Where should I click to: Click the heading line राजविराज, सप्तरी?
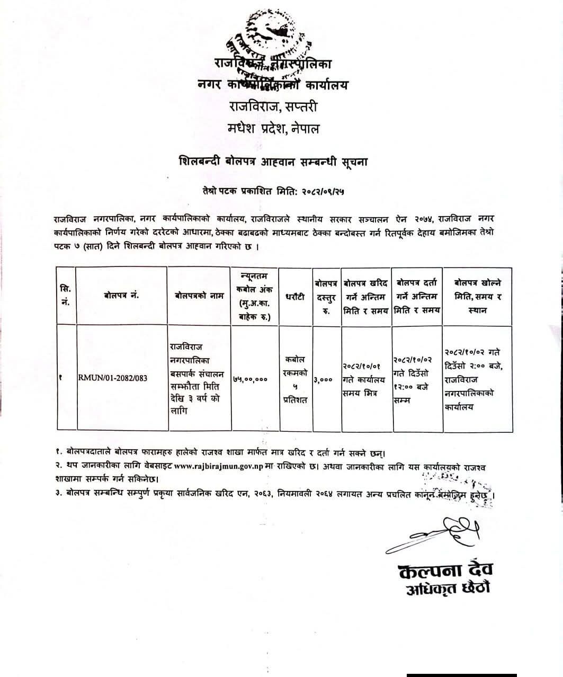273,106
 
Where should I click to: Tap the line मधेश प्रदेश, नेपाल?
273,129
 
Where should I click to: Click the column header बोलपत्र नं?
121,295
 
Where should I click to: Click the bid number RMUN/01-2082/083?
113,378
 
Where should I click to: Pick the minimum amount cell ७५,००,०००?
250,379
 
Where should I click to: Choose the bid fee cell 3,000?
323,379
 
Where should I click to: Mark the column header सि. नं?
66,296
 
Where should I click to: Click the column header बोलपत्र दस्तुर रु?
326,297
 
